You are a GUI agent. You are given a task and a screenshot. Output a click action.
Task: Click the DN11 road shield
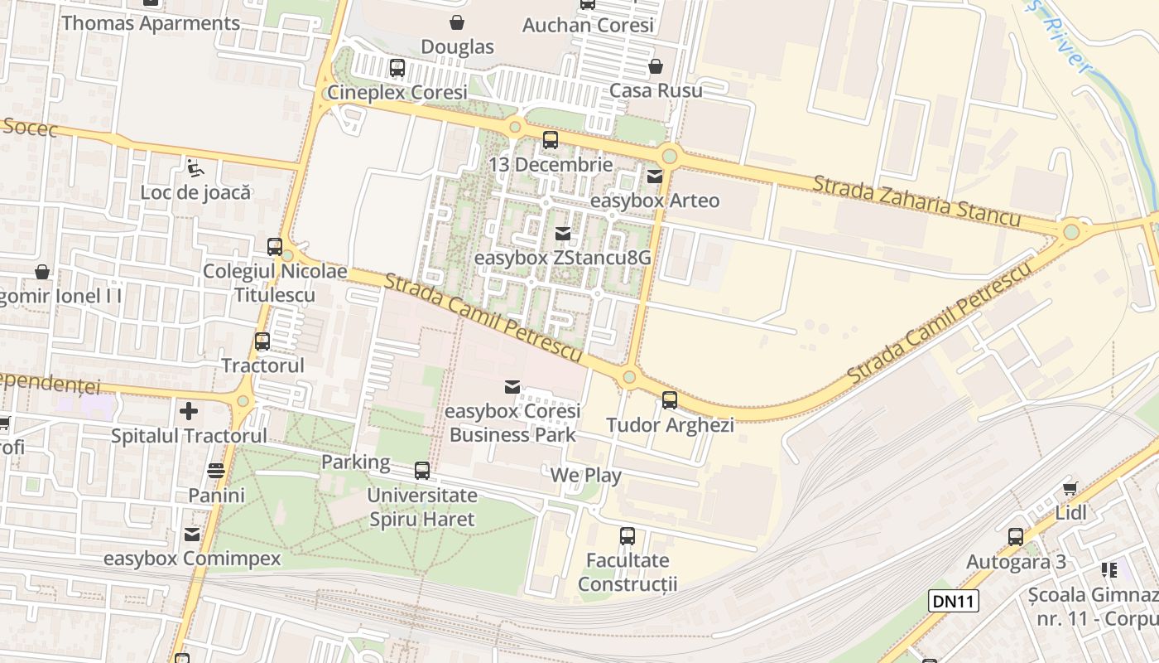click(x=954, y=601)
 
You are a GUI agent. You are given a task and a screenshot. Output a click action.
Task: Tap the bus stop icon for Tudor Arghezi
click(x=669, y=400)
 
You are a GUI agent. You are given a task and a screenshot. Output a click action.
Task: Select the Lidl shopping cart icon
click(x=1070, y=488)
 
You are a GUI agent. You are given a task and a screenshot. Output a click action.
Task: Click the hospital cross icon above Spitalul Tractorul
click(x=189, y=410)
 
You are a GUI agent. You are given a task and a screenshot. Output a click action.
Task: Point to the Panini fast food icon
click(x=216, y=471)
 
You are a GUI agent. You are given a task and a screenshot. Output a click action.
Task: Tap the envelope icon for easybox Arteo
click(x=655, y=176)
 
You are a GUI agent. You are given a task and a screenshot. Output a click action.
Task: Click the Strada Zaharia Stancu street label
click(x=916, y=200)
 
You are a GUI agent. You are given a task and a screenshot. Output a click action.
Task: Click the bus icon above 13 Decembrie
click(x=550, y=140)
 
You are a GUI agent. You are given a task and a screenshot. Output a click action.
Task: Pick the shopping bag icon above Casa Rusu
click(x=656, y=66)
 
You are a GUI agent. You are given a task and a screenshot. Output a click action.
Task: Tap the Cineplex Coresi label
click(x=397, y=92)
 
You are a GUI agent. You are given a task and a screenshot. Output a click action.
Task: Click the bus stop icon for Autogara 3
click(x=1016, y=537)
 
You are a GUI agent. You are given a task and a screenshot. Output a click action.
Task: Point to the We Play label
click(x=586, y=475)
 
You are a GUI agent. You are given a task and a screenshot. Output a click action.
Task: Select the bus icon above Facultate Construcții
click(x=628, y=536)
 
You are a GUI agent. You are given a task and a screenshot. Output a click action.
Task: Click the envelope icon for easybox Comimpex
click(x=192, y=535)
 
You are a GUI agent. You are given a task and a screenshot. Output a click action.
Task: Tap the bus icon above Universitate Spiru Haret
click(x=422, y=471)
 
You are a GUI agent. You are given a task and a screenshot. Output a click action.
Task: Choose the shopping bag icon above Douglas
click(x=456, y=22)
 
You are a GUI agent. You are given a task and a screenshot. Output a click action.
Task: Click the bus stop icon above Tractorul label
click(x=262, y=341)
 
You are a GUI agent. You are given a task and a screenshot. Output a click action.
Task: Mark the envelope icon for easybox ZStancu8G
click(x=563, y=234)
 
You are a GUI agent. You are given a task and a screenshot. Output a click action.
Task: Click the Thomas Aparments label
click(x=151, y=23)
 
